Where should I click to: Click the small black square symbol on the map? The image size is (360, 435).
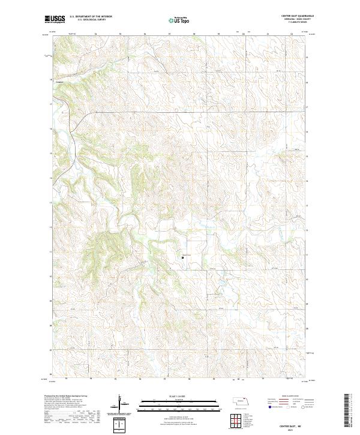click(183, 258)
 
